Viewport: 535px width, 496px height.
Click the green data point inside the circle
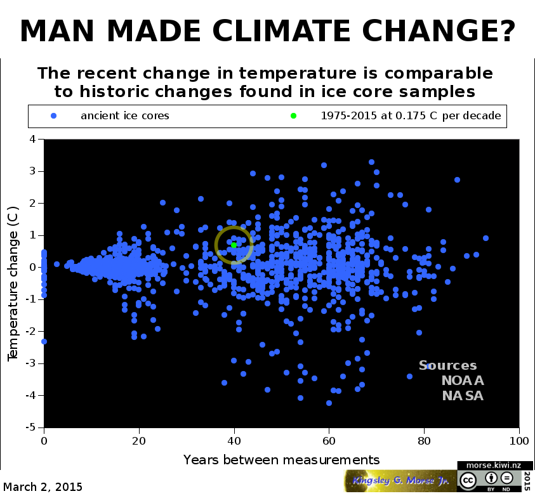pos(234,245)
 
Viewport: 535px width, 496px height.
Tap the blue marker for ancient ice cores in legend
pos(54,116)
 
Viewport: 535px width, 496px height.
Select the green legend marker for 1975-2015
pos(293,116)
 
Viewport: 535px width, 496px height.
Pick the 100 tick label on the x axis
pos(520,441)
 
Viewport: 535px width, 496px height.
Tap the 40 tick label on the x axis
pos(234,441)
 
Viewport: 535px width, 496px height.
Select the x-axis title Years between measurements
pos(282,459)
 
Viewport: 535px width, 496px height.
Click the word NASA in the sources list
pos(463,396)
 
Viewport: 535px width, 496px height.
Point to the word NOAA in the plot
pos(463,381)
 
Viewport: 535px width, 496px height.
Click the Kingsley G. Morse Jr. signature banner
pos(400,481)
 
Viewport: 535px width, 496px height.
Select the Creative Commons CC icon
pos(468,480)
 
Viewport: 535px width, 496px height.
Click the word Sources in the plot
pos(447,365)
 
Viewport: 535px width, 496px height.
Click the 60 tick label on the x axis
pos(329,441)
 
